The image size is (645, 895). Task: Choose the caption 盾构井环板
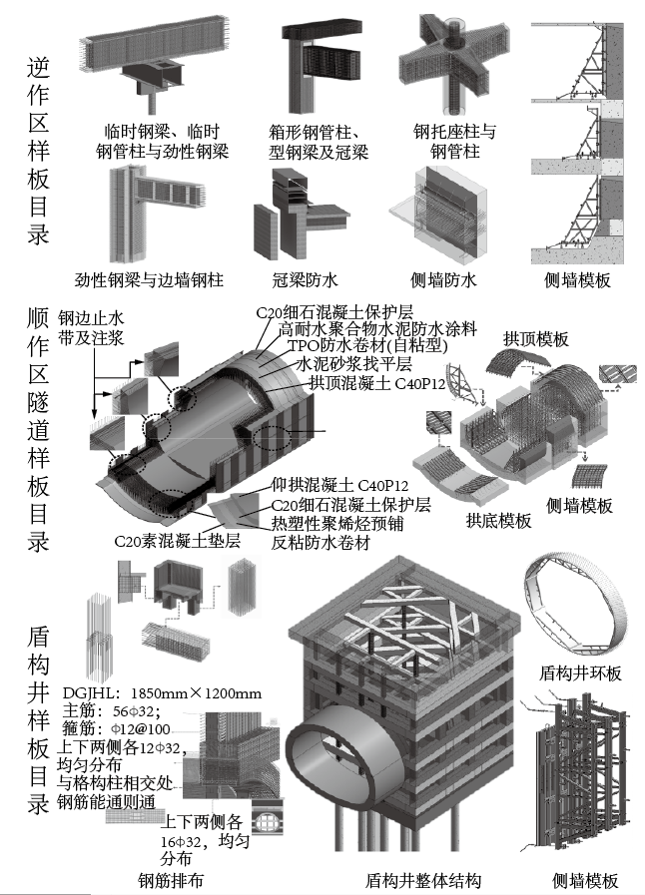click(580, 673)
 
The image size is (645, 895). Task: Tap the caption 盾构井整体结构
click(423, 881)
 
